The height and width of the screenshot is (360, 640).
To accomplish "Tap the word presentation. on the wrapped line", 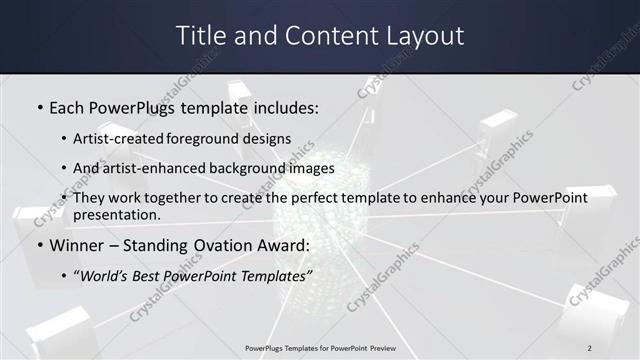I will [x=117, y=214].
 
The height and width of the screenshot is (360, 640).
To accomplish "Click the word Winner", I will [x=77, y=245].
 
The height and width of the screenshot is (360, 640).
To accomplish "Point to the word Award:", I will [x=286, y=245].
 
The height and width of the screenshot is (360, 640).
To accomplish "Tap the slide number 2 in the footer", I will [x=590, y=348].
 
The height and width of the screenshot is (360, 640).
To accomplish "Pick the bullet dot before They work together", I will [x=64, y=199].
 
